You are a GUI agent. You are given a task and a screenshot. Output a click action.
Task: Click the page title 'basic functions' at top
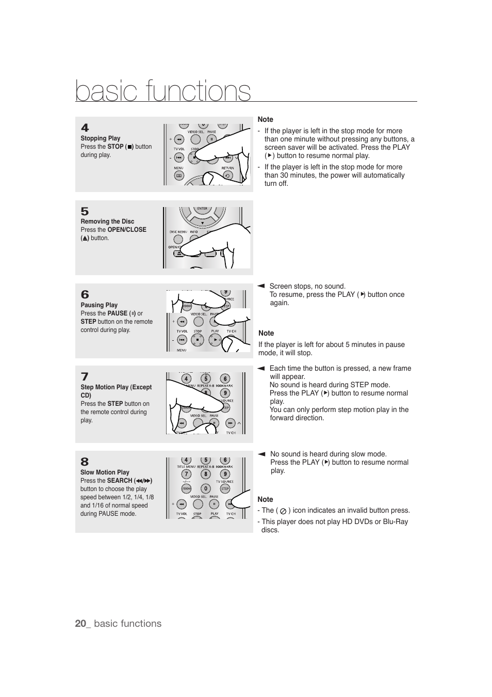click(x=163, y=91)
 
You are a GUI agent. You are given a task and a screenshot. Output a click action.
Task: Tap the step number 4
click(x=85, y=128)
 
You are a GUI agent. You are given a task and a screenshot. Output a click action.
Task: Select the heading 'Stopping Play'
click(x=100, y=138)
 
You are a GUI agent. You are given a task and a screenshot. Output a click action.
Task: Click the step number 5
click(x=85, y=211)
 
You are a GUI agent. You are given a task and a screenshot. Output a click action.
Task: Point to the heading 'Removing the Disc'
click(x=107, y=221)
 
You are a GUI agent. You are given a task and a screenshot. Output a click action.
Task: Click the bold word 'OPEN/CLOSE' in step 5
click(x=127, y=230)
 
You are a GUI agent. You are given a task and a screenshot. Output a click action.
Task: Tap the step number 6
click(x=85, y=294)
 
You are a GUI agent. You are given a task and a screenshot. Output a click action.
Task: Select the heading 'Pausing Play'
click(x=99, y=305)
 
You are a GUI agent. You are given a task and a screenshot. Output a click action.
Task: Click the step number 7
click(x=85, y=376)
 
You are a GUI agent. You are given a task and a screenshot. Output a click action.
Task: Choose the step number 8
click(x=85, y=462)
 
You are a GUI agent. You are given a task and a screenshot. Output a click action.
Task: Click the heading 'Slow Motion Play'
click(x=105, y=472)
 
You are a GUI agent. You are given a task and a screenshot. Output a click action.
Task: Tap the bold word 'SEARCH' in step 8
click(x=120, y=481)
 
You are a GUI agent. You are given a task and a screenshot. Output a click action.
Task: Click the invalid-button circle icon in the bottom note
click(x=283, y=511)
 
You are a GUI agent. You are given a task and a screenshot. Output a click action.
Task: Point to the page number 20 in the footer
click(x=80, y=624)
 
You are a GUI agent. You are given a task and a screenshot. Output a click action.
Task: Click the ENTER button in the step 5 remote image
click(x=202, y=209)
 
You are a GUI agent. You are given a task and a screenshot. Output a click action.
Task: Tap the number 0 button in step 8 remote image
click(x=205, y=488)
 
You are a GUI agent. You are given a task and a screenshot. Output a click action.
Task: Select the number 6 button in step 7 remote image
click(x=225, y=379)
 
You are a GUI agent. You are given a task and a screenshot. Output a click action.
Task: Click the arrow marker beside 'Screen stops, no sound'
click(x=261, y=286)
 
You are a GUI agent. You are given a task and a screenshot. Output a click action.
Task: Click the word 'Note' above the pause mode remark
click(x=266, y=334)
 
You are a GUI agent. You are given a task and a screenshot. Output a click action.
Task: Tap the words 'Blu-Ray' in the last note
click(x=396, y=522)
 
